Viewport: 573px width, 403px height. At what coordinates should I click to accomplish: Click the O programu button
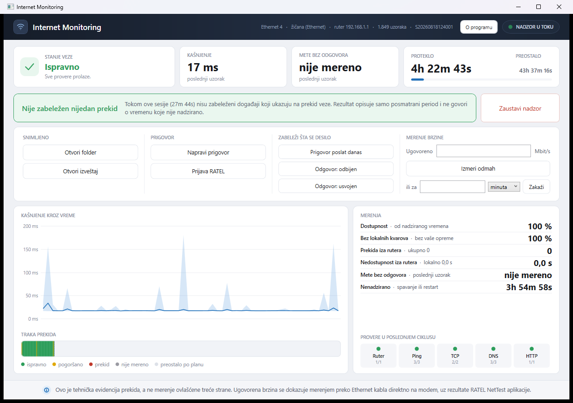479,27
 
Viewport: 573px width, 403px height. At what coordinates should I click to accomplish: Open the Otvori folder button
80,153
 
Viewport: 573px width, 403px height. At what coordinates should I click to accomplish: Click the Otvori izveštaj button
80,171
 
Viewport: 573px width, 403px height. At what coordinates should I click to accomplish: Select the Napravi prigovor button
208,153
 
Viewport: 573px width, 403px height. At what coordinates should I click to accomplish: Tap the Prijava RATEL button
208,171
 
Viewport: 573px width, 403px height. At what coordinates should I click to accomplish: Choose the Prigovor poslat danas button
336,152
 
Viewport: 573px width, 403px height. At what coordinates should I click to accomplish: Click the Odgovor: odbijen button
336,169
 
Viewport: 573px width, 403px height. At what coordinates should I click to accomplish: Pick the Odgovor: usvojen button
336,186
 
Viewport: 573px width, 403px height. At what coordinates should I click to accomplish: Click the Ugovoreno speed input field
483,151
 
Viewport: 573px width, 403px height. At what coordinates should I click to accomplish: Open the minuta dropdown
504,187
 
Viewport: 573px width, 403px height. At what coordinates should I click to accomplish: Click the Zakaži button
536,187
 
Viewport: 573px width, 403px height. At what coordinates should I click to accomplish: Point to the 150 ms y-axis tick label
31,249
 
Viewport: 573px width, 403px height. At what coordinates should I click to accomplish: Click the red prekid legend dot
91,364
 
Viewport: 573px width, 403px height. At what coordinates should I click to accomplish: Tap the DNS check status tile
493,356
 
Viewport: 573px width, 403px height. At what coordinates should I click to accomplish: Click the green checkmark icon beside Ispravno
30,67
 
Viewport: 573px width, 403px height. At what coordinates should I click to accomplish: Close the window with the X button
559,7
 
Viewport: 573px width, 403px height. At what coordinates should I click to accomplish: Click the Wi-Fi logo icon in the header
21,27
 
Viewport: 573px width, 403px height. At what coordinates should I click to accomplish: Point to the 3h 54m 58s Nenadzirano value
529,287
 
